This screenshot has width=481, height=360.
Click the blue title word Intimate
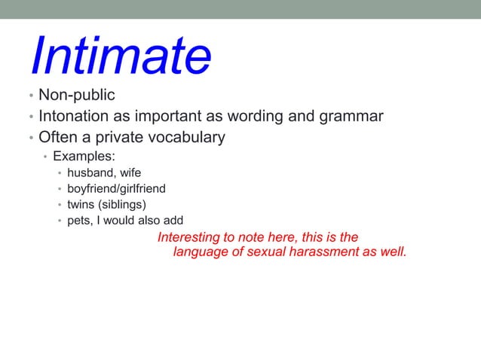121,56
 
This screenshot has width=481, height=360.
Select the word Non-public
77,96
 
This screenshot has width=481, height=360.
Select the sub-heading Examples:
84,157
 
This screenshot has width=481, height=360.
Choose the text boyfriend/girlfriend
116,189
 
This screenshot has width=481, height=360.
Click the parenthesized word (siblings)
123,205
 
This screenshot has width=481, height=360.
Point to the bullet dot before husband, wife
60,174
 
